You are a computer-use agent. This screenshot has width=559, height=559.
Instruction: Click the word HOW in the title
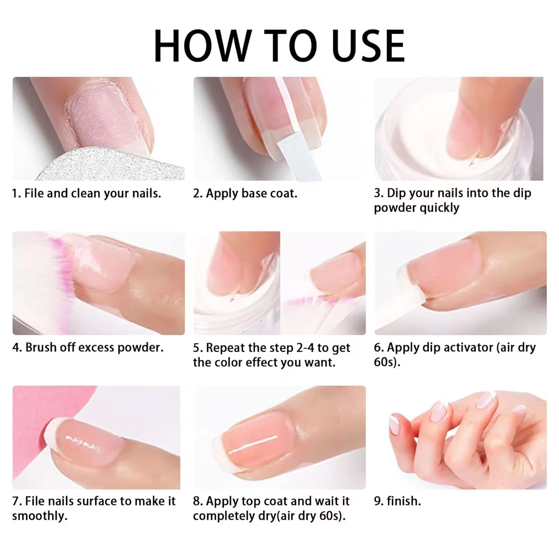pos(203,46)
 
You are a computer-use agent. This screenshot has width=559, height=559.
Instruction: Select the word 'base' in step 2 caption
pos(256,193)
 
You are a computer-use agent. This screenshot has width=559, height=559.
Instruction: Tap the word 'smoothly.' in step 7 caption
pos(39,516)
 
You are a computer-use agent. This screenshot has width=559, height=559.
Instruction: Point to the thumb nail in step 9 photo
pos(394,424)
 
